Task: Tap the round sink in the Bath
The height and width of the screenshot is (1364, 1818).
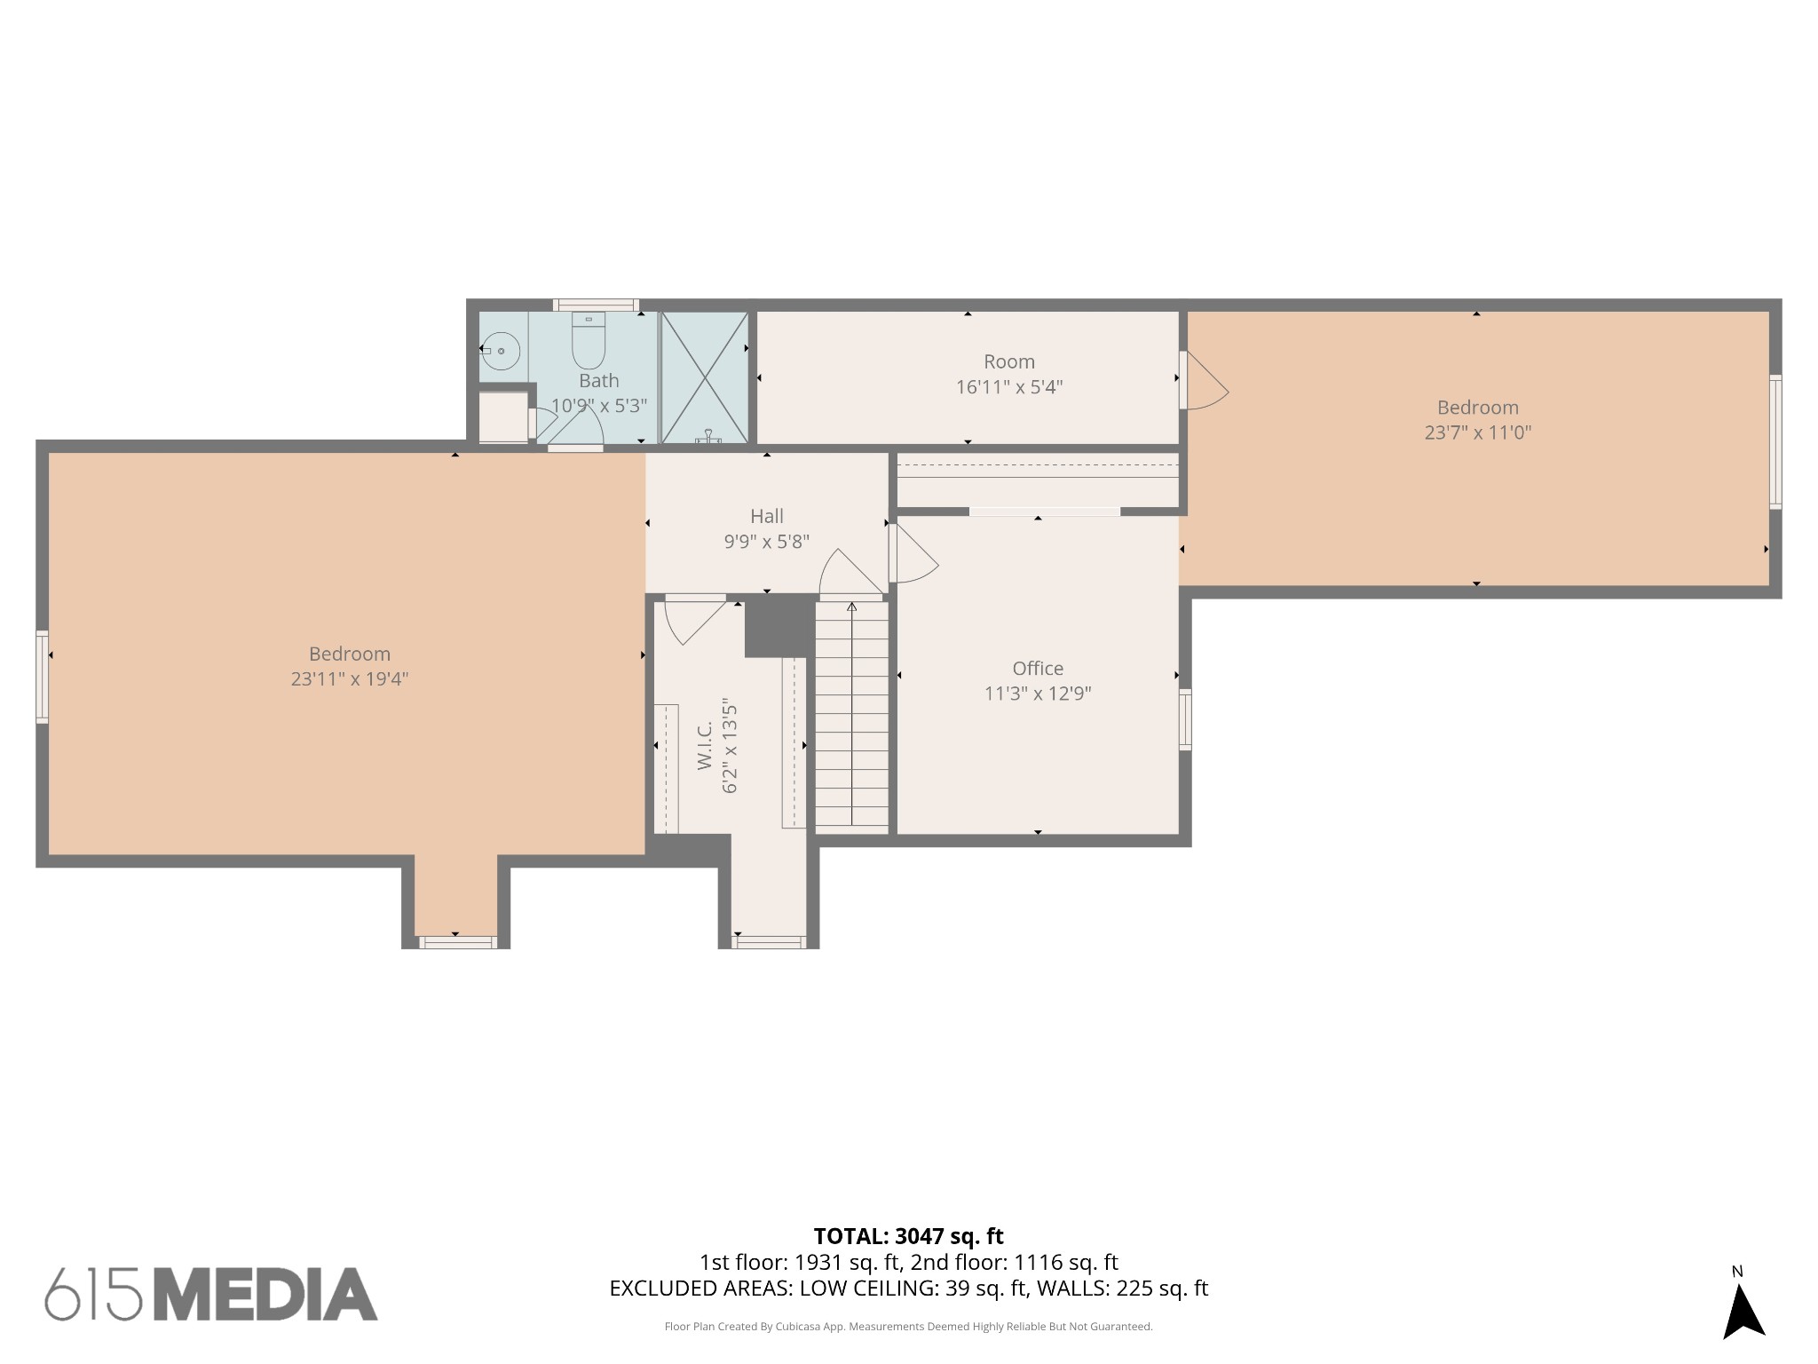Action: pyautogui.click(x=501, y=352)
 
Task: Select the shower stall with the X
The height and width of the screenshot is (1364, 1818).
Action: pyautogui.click(x=704, y=377)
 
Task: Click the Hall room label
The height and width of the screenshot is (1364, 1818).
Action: pyautogui.click(x=767, y=516)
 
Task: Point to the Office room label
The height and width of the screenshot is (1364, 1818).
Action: pyautogui.click(x=1038, y=669)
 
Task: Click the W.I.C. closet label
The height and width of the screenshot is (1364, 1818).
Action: pyautogui.click(x=705, y=745)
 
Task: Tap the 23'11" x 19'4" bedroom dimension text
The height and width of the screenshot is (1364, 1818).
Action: pyautogui.click(x=350, y=679)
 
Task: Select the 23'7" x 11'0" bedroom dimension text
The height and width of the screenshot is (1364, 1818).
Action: pyautogui.click(x=1478, y=432)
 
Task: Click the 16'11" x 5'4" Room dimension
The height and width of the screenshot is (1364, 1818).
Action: pyautogui.click(x=1009, y=387)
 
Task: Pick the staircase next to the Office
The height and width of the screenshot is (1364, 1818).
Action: pyautogui.click(x=852, y=716)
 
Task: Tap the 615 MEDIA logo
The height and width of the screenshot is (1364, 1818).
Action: pyautogui.click(x=211, y=1294)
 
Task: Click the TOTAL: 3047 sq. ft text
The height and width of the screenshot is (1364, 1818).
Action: pyautogui.click(x=908, y=1236)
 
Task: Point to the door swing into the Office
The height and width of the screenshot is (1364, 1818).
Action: pyautogui.click(x=914, y=553)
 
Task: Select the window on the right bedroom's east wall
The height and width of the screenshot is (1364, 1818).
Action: pyautogui.click(x=1775, y=441)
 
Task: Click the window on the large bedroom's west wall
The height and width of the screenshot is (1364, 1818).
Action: pyautogui.click(x=42, y=677)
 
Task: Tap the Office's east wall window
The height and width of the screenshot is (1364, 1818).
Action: pyautogui.click(x=1185, y=719)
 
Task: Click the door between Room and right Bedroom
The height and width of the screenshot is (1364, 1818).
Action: pyautogui.click(x=1204, y=380)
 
